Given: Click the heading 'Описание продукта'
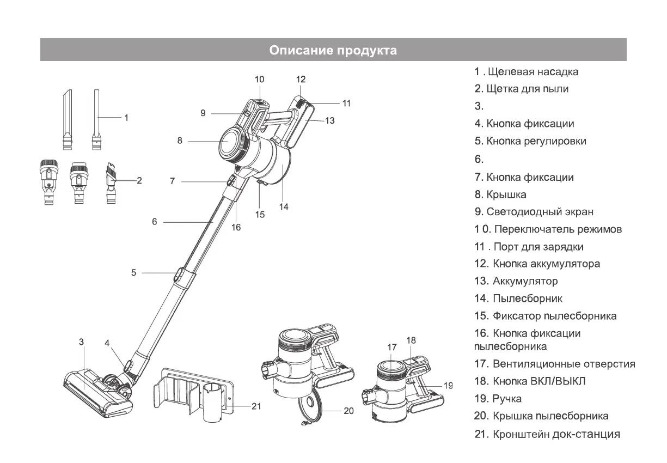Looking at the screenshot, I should point(333,51).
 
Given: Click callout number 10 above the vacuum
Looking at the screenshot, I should point(259,80).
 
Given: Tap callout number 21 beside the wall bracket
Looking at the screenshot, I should point(258,406).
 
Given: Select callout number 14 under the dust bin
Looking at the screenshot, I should point(284,207).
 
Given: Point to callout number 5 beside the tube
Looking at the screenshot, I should point(134,273).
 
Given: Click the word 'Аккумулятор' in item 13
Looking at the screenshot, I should point(525,281).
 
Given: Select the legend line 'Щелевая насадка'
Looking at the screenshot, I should point(526,71).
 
